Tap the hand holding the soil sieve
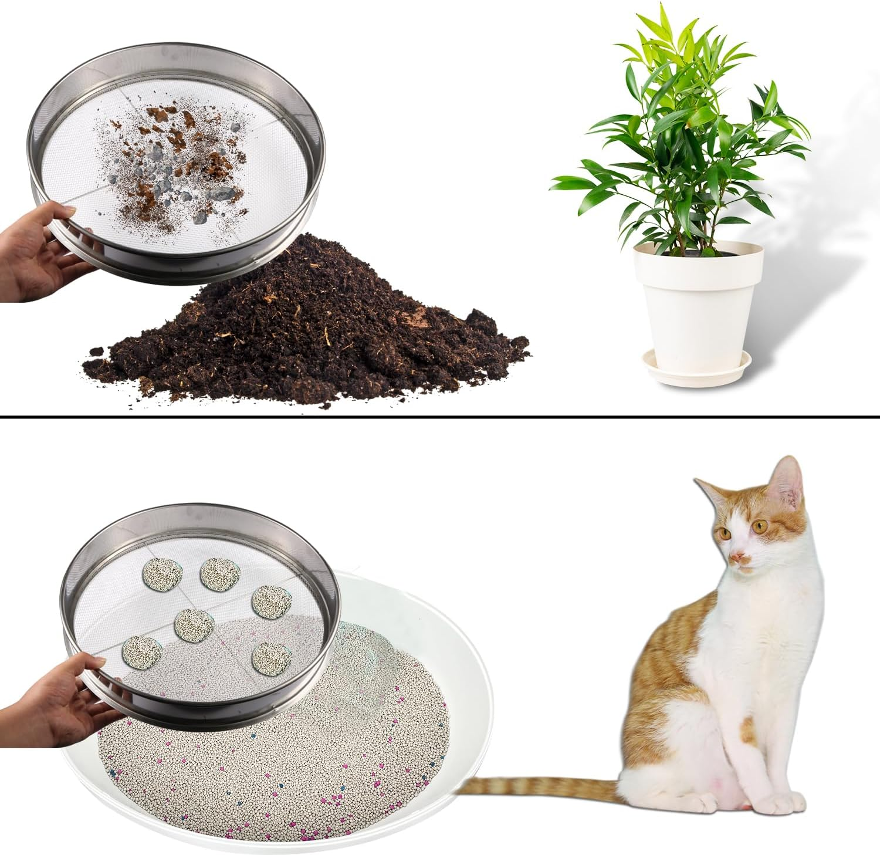pyautogui.click(x=35, y=246)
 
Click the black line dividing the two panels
pyautogui.click(x=440, y=417)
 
